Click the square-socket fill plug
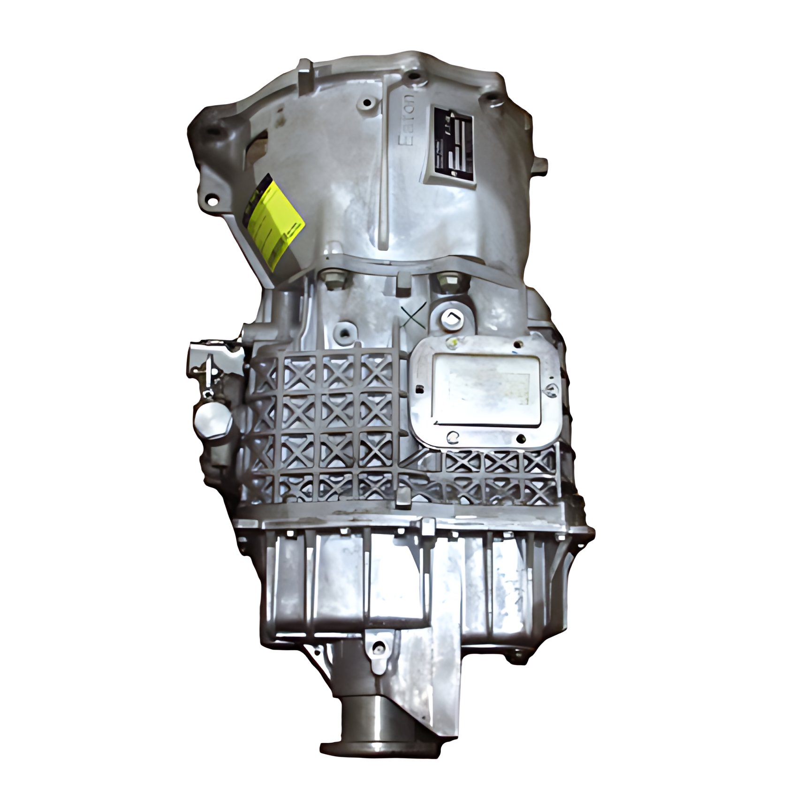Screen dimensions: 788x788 453,318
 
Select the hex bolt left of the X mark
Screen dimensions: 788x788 334,280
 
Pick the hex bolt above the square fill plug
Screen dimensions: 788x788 444,282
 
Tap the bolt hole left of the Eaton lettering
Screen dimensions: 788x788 367,102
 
